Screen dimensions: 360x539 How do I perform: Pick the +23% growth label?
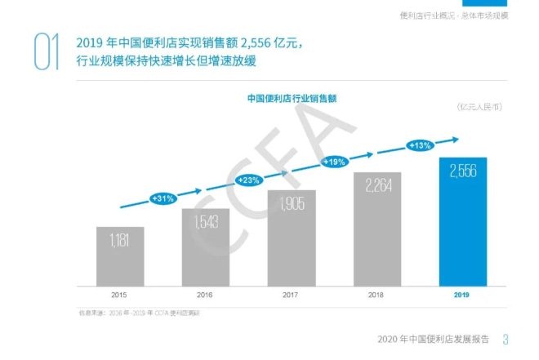click(248, 179)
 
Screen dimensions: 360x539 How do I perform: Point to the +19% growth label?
click(335, 162)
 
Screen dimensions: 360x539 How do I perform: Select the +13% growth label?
click(420, 145)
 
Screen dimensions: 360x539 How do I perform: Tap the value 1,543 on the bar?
click(205, 220)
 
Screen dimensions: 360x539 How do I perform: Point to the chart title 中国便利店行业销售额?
click(292, 97)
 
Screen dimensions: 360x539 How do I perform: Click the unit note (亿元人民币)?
click(479, 107)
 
